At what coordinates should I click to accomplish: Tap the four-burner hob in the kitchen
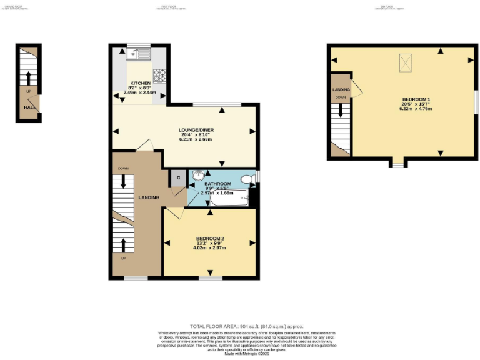(159, 76)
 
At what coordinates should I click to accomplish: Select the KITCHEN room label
(139, 83)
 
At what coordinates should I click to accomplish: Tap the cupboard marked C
(178, 177)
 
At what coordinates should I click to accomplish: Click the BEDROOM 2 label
(209, 239)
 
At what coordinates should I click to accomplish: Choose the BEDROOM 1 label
(416, 100)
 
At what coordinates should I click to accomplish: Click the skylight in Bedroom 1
(406, 62)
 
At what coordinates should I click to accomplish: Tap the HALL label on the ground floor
(29, 107)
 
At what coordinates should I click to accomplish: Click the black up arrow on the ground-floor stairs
(28, 77)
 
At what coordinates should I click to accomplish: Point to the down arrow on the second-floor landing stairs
(340, 111)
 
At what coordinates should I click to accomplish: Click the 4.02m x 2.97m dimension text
(209, 248)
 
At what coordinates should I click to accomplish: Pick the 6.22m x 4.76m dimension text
(416, 109)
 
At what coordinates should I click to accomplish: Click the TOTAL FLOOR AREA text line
(239, 327)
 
